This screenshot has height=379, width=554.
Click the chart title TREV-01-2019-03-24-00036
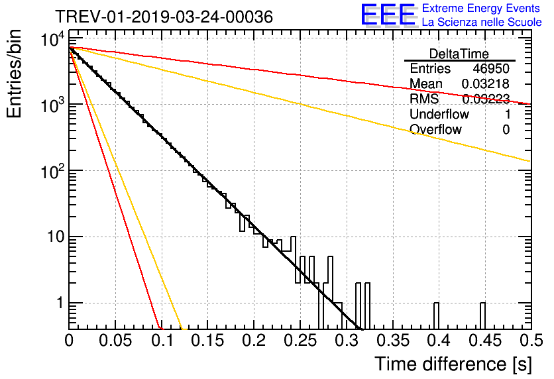tap(164, 17)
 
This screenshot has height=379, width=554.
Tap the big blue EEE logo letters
tap(388, 15)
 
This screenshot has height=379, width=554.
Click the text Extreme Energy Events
tap(481, 8)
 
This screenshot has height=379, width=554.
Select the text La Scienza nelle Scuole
tap(482, 23)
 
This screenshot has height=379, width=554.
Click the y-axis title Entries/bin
tap(14, 74)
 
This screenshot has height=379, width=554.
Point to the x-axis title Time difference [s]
tap(453, 364)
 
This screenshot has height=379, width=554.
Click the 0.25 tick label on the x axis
tap(300, 341)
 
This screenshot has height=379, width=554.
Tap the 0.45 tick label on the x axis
tap(485, 341)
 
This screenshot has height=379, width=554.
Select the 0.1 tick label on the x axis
tap(162, 341)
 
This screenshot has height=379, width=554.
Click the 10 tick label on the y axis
tap(56, 237)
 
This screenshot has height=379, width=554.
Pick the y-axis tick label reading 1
tap(60, 303)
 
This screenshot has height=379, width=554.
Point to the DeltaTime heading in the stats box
tap(459, 54)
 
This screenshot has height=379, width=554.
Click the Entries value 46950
tap(491, 68)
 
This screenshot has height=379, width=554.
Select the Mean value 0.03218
tap(486, 83)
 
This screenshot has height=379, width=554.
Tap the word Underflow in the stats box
tap(439, 114)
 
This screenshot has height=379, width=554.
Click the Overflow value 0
tap(506, 130)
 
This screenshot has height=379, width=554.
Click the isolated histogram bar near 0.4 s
tap(436, 316)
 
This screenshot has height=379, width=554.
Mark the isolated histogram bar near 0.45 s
tap(482, 316)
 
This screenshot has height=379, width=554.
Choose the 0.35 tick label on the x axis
tap(392, 341)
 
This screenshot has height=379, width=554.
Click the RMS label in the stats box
tap(424, 99)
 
